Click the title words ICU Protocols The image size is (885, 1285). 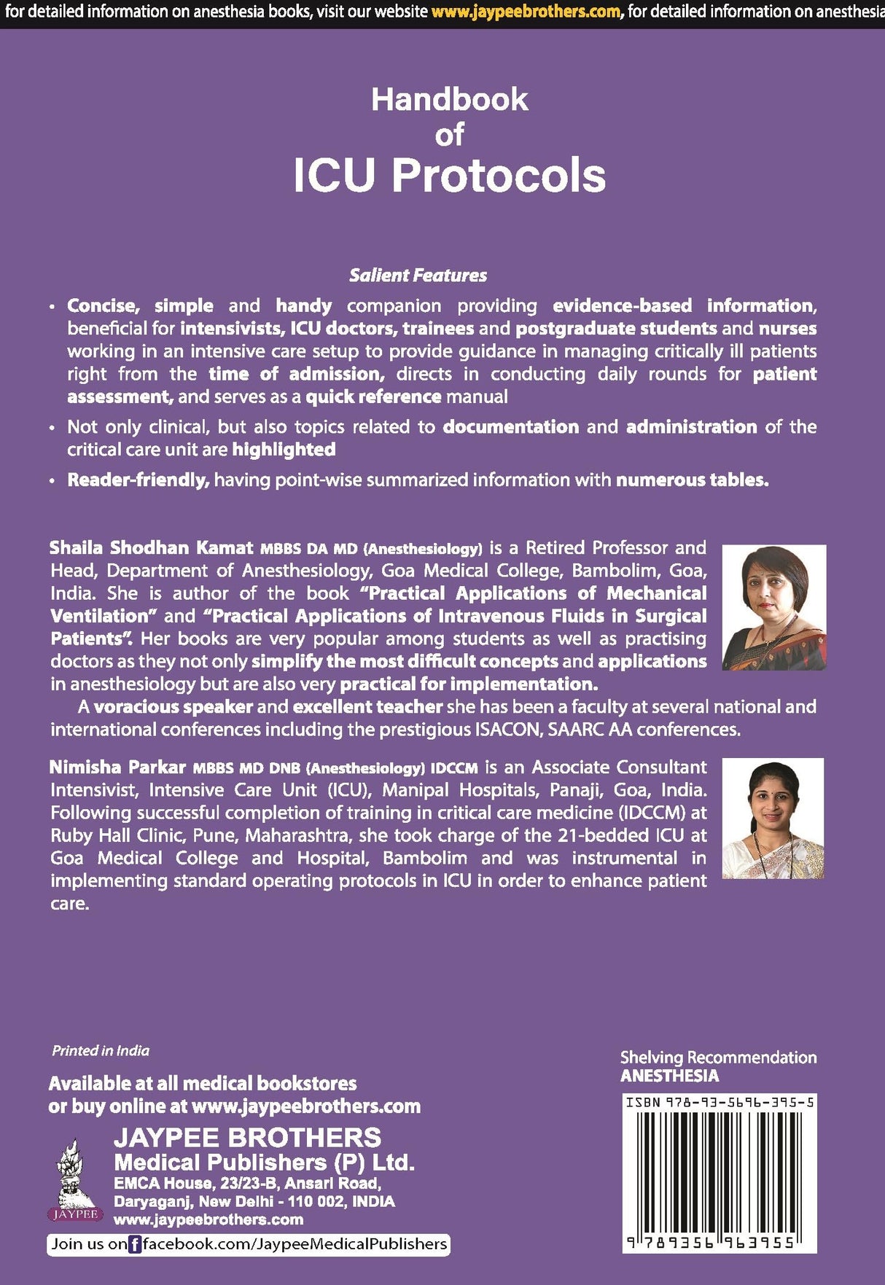(449, 175)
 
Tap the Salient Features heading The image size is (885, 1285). (418, 275)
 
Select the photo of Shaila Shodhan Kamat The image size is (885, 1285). (773, 607)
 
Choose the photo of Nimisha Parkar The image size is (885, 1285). (773, 818)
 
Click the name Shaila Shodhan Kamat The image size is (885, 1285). (151, 547)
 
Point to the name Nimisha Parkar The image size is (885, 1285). (117, 767)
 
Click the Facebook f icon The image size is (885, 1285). (135, 1244)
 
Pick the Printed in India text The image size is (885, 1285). (101, 1050)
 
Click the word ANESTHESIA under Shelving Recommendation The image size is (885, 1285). (669, 1076)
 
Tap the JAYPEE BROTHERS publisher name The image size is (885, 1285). (247, 1137)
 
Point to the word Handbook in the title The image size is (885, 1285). (449, 99)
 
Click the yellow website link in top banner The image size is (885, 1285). (526, 12)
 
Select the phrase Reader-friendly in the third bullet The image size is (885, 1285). (139, 480)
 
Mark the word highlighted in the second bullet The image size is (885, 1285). (284, 449)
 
